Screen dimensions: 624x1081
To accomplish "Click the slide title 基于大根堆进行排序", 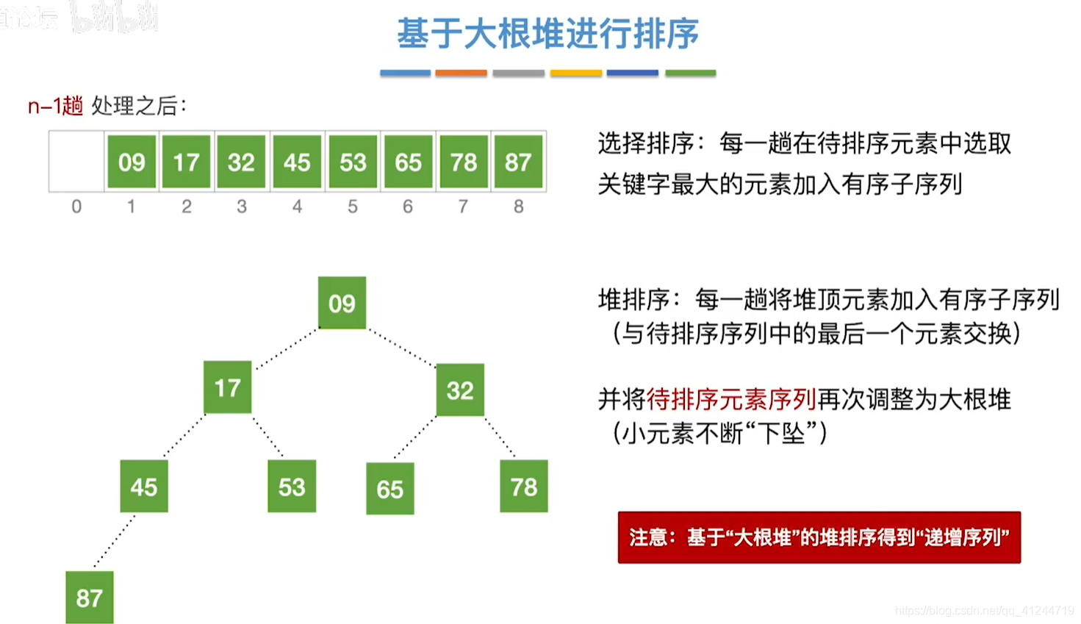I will tap(547, 34).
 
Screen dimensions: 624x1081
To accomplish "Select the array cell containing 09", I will tap(132, 162).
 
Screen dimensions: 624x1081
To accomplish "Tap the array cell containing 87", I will tap(518, 162).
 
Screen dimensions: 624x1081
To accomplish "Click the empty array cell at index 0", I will tap(76, 162).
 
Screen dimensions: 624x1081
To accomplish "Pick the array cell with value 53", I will tap(353, 162).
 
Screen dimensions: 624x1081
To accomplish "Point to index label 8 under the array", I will tap(518, 207).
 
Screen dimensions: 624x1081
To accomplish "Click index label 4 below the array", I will tap(297, 207).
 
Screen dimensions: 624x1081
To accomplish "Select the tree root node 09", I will tap(342, 303).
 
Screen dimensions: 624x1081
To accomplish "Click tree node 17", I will tap(227, 387).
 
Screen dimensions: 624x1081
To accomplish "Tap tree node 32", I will tap(460, 390).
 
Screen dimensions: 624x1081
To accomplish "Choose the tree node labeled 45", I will tap(144, 487).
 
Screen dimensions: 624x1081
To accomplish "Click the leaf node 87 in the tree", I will tap(89, 598).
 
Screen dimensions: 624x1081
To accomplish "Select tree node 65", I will tap(389, 489).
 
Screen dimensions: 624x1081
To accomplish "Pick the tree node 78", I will tap(523, 487).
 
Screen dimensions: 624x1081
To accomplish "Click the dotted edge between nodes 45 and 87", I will tap(115, 541).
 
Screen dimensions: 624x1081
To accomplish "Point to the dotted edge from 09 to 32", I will tap(402, 347).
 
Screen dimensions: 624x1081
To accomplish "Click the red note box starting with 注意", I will tap(819, 537).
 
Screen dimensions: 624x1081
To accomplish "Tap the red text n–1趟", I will tap(55, 107).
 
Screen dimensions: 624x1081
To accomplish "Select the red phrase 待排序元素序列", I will tap(731, 400).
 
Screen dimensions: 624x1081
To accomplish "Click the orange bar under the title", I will tap(461, 73).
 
